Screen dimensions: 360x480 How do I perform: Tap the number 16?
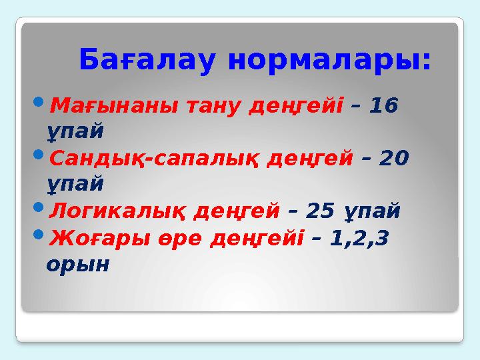383,105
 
